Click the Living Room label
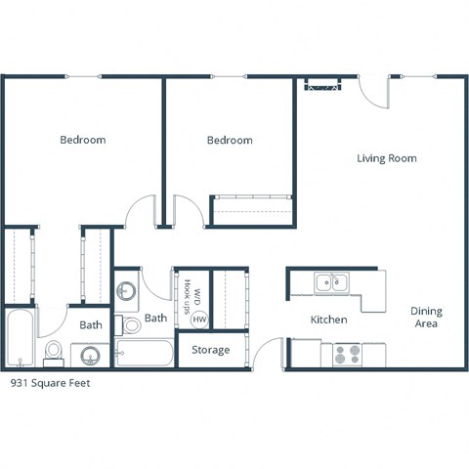coord(386,158)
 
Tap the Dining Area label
coord(425,318)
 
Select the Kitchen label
coord(329,320)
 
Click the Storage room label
coord(210,350)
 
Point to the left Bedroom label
coord(82,140)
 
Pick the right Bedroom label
coord(230,140)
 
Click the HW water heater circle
coord(199,319)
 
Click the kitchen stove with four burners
coord(347,354)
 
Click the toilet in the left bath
coord(55,349)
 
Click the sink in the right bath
coord(126,290)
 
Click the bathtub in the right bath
coord(144,352)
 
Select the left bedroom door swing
coord(144,210)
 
